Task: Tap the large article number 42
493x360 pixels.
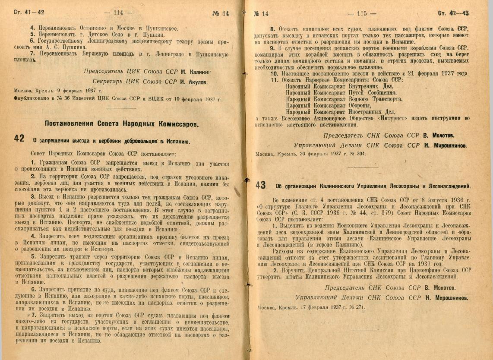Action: tap(19, 139)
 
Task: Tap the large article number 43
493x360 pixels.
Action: tap(260, 185)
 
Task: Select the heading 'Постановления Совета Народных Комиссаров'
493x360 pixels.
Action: tap(122, 123)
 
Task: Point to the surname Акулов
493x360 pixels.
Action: tap(194, 81)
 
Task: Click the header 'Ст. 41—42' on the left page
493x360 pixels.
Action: tap(29, 13)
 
